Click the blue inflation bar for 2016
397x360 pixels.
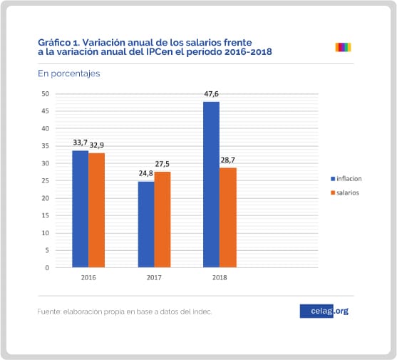(81, 209)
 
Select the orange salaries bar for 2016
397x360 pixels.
(96, 210)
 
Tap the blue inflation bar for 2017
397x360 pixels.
(146, 225)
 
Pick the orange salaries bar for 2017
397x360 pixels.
(163, 220)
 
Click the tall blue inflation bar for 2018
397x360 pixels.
(211, 185)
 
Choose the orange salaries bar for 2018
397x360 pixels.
(228, 217)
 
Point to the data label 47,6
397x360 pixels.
(211, 94)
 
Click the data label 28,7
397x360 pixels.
(228, 160)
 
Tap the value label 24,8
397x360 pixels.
(146, 173)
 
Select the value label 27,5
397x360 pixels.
(163, 164)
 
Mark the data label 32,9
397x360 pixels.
(97, 145)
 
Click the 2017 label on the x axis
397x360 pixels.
(154, 278)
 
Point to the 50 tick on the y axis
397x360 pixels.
(46, 94)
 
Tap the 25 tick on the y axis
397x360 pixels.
(46, 181)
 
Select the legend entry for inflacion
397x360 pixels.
(346, 179)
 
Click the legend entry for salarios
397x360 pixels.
(345, 193)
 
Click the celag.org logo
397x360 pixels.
(324, 311)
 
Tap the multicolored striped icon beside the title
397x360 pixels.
(343, 47)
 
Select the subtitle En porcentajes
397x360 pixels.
(69, 73)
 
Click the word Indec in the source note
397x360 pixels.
(202, 312)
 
